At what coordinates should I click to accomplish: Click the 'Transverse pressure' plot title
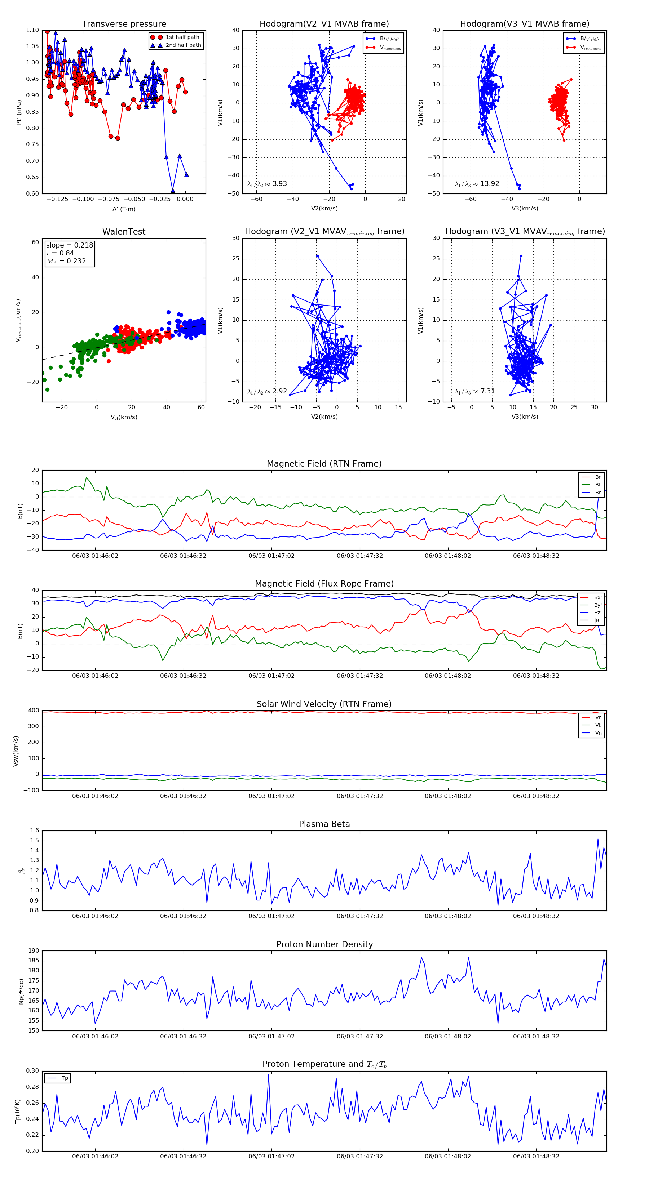point(124,24)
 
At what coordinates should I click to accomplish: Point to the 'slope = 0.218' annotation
point(69,245)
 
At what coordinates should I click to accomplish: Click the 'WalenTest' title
point(124,232)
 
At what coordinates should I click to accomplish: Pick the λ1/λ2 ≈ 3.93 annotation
point(267,184)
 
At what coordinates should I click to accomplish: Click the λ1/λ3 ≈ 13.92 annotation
point(477,184)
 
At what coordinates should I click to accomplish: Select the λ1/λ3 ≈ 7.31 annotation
point(474,391)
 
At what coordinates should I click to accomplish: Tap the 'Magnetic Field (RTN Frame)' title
point(324,464)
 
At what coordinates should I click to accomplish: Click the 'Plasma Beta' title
point(324,824)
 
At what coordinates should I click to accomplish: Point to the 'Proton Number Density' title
point(324,944)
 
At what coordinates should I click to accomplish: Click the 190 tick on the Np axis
point(34,951)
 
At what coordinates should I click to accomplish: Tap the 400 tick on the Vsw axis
point(34,711)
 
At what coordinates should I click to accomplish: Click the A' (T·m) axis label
point(124,209)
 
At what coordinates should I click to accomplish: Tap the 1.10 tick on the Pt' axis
point(32,31)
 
